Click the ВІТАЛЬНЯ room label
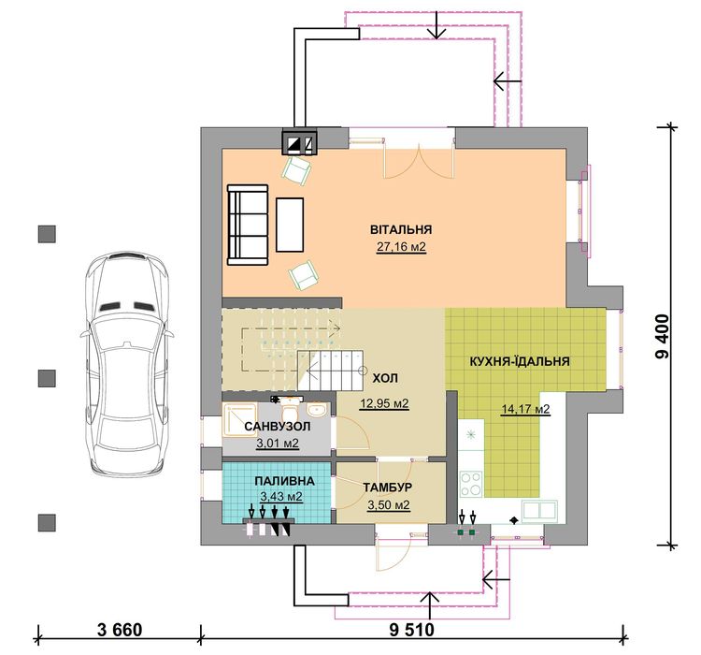(x=400, y=229)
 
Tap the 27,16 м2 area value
(x=400, y=248)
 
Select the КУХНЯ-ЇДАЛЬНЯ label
(x=521, y=360)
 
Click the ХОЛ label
(x=385, y=378)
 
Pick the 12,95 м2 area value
(x=387, y=404)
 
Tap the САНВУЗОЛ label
(x=278, y=427)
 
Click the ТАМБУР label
(x=388, y=488)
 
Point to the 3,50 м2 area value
(x=388, y=505)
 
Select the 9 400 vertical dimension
(x=663, y=337)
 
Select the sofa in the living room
(x=248, y=224)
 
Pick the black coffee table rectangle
(x=289, y=224)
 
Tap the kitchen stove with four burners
(x=471, y=485)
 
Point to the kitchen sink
(x=540, y=509)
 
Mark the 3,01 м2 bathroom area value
(x=278, y=444)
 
